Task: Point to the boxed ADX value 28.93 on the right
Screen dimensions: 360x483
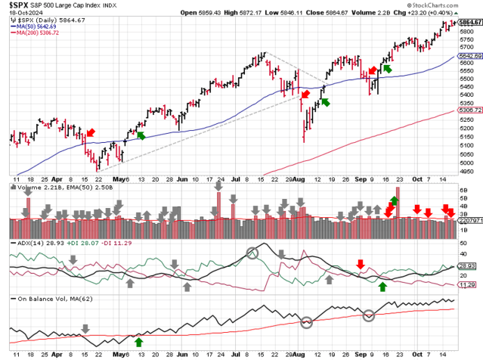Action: pos(467,266)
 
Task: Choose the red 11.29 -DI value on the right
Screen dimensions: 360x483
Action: pos(467,285)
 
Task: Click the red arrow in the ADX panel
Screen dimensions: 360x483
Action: pos(361,265)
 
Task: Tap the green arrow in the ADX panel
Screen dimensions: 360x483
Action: pos(382,286)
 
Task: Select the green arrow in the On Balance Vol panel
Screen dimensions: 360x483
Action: pos(138,341)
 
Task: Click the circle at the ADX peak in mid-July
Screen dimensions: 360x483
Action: pos(252,253)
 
